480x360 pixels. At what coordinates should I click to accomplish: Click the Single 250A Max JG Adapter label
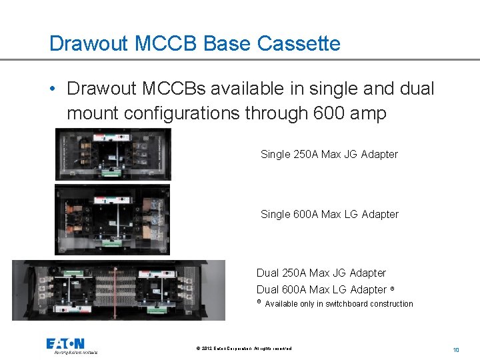tap(329, 155)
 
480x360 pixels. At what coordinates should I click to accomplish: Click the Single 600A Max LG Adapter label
tap(329, 215)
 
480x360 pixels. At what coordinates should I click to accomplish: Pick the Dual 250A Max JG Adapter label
tap(321, 273)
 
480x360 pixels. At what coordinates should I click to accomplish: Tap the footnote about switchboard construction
tap(339, 304)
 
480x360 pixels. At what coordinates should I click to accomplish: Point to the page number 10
tap(456, 349)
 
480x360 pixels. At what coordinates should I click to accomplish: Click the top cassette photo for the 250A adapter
tap(113, 155)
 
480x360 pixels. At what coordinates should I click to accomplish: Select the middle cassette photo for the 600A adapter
tap(112, 219)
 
